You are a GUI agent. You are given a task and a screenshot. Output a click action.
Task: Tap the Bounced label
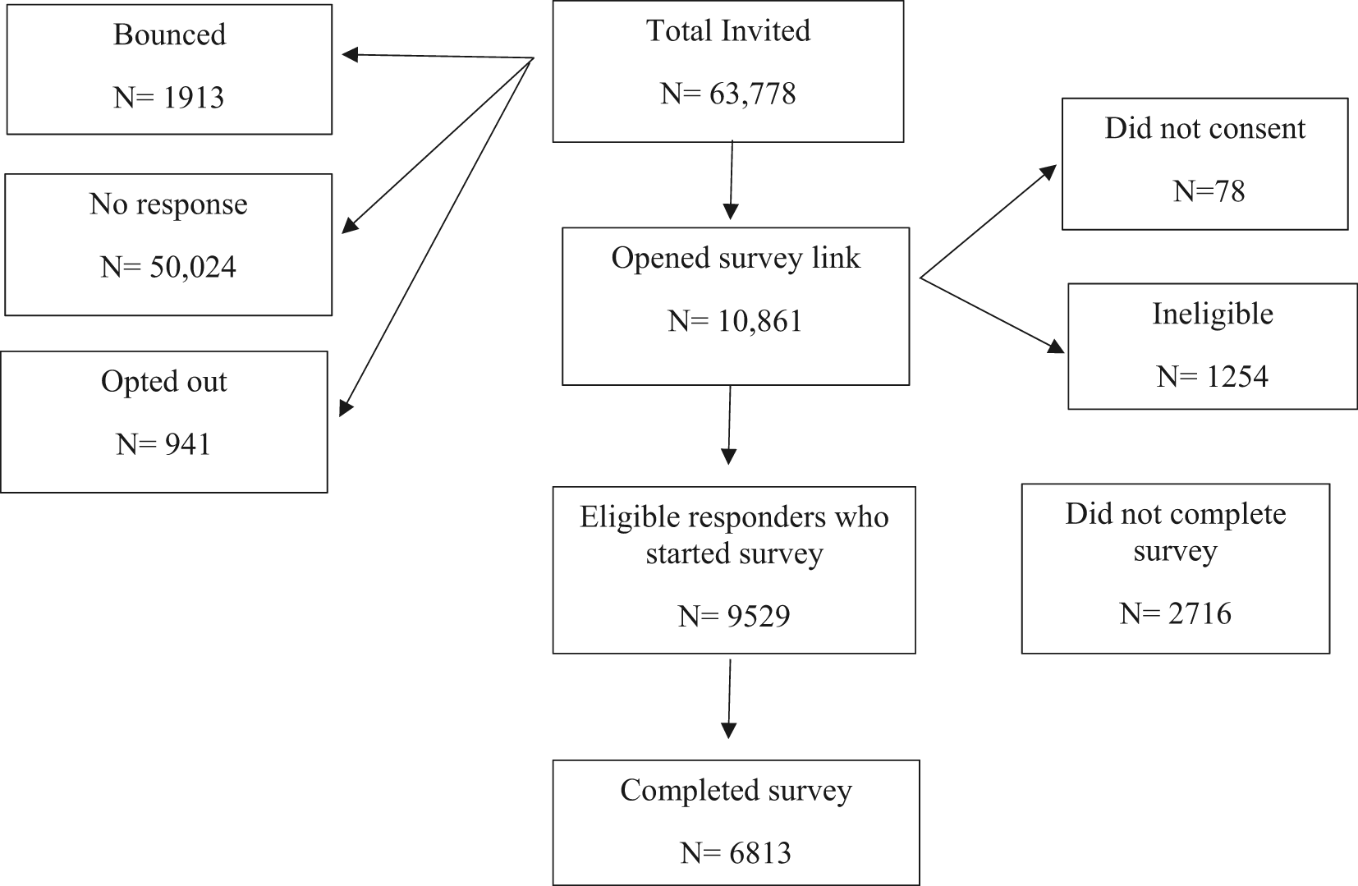click(x=169, y=34)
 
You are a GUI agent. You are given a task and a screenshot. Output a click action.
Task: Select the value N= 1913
click(x=168, y=98)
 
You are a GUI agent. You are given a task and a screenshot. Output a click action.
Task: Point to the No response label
click(x=168, y=204)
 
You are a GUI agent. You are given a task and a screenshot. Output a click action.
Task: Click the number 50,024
click(x=193, y=268)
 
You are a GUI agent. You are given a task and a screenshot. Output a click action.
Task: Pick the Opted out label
click(x=163, y=382)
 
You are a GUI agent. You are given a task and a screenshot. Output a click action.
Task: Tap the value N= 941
click(x=163, y=444)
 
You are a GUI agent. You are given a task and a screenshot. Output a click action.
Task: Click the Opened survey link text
click(x=736, y=258)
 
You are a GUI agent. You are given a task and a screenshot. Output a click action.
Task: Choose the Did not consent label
click(x=1204, y=129)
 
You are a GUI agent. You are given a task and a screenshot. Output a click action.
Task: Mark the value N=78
click(x=1209, y=191)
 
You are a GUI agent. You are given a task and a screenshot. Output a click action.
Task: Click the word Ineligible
click(x=1212, y=314)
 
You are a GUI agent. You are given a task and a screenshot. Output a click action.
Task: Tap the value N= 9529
click(x=734, y=616)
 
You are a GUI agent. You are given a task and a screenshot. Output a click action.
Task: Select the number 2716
click(x=1198, y=613)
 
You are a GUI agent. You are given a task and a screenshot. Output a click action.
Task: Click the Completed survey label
click(x=736, y=791)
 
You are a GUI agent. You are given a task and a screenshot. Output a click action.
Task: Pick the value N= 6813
click(x=736, y=853)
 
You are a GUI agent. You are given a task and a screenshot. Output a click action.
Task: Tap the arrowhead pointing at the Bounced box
click(x=349, y=55)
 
